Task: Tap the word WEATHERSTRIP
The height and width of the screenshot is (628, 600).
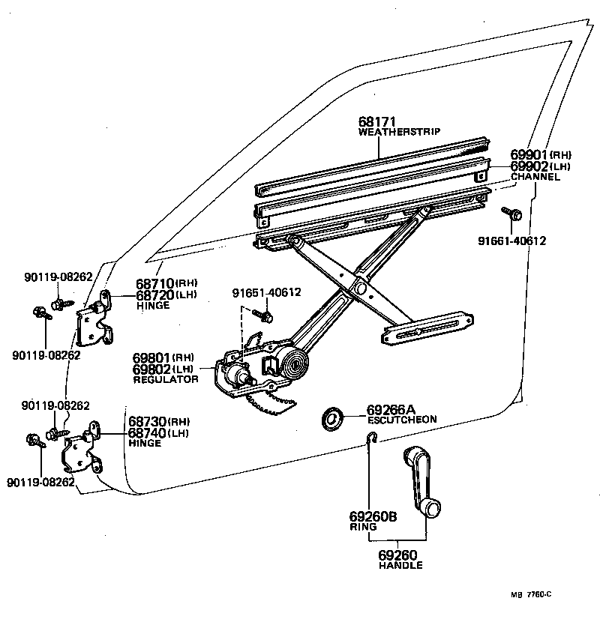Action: [x=399, y=132]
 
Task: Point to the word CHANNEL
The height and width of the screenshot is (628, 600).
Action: [x=535, y=177]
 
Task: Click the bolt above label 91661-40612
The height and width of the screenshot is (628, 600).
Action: [x=514, y=214]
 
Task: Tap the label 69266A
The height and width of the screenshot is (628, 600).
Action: [x=391, y=410]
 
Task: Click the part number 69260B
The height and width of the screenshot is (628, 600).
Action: [x=372, y=516]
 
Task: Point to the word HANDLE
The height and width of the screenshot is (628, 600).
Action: [x=400, y=565]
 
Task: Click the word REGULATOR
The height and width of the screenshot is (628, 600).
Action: [x=166, y=380]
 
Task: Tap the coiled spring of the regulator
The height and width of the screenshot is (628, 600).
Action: [x=292, y=366]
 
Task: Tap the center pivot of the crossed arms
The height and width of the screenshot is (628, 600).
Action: [x=359, y=285]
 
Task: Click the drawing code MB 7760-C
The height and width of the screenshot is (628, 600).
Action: [x=531, y=594]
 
